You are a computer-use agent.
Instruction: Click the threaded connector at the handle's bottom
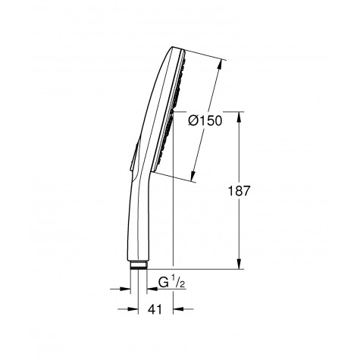click(138, 265)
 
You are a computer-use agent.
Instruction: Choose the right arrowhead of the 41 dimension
click(176, 309)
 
